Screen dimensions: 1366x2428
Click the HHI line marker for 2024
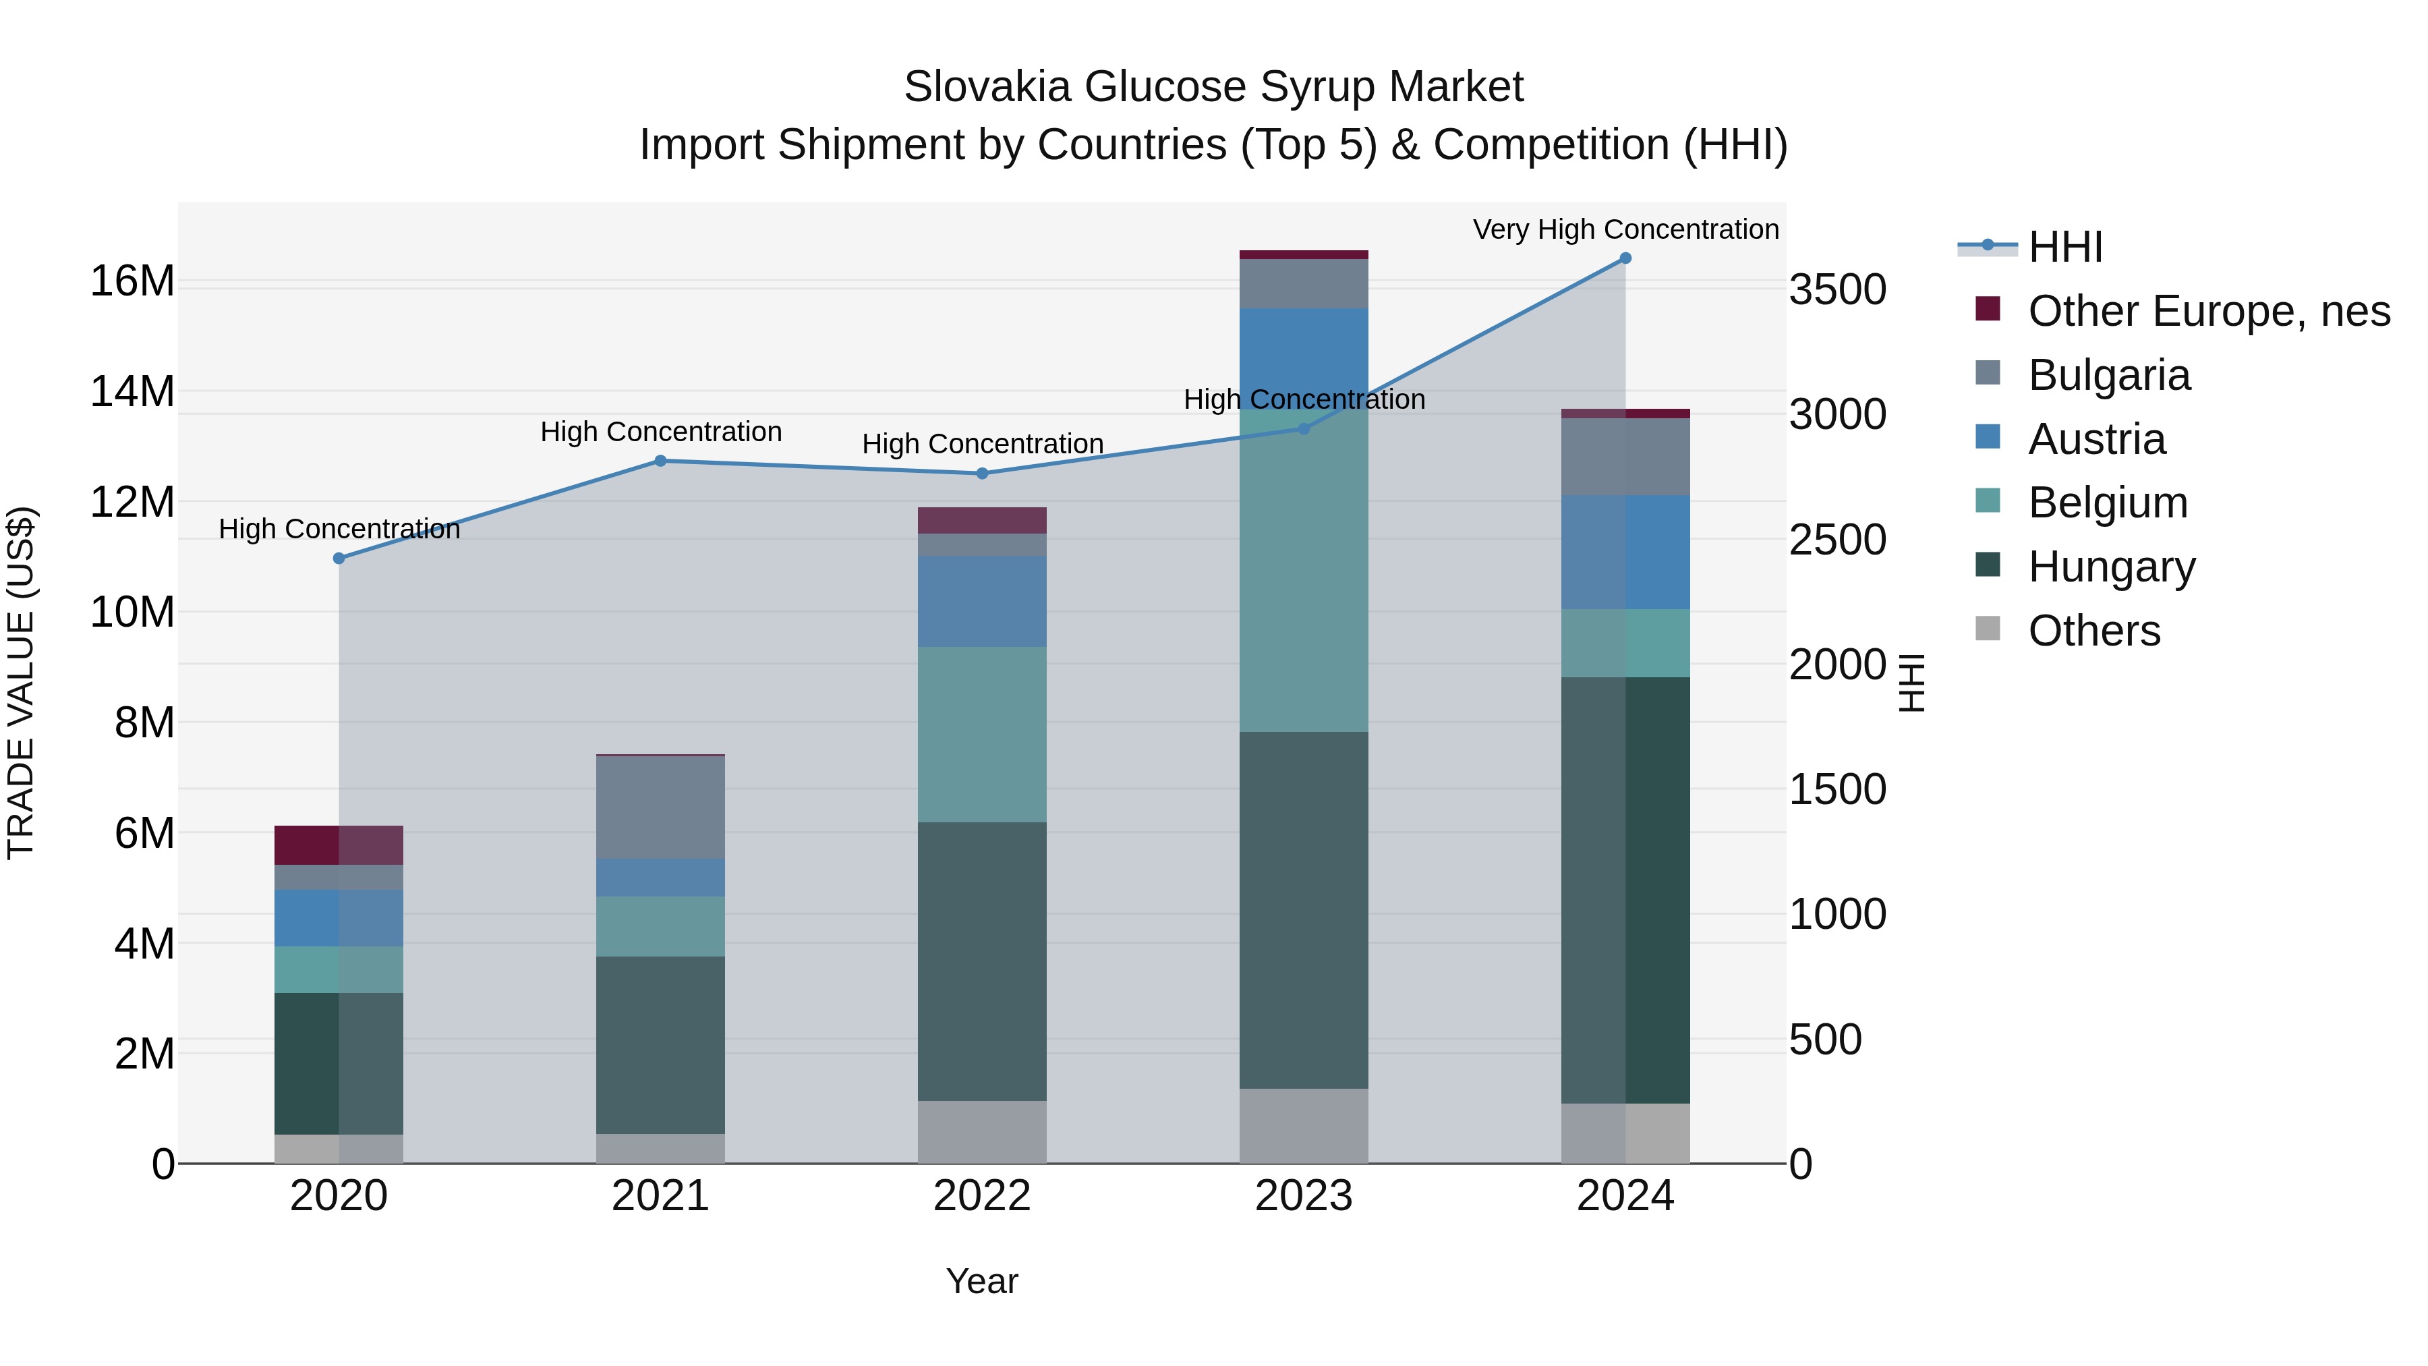[x=1625, y=258]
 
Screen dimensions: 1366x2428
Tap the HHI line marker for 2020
[x=339, y=558]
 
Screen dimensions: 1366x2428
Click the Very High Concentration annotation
[x=1625, y=229]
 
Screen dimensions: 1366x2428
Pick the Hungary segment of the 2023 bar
[x=1304, y=910]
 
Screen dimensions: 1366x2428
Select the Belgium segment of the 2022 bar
[x=982, y=735]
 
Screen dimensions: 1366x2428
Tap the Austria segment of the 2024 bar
[x=1625, y=552]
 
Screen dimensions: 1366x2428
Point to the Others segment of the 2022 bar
[x=982, y=1132]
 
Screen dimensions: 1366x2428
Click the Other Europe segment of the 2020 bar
[x=339, y=845]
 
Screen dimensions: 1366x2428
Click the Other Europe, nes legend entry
[x=2207, y=311]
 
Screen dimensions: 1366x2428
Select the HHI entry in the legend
[x=2064, y=247]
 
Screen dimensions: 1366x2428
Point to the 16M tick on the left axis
[x=132, y=281]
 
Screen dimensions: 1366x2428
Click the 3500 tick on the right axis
[x=1837, y=289]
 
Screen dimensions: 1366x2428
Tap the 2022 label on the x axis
[x=982, y=1196]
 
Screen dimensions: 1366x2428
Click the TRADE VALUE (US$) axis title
[x=22, y=683]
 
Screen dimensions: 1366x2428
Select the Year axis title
[x=982, y=1281]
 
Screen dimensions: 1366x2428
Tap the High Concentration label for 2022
[x=982, y=444]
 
